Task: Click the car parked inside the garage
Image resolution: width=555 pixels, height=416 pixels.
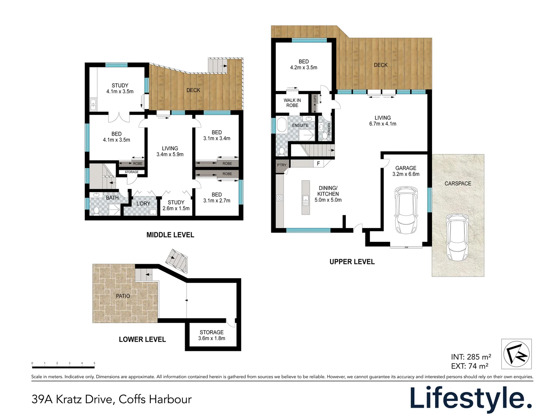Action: pos(406,210)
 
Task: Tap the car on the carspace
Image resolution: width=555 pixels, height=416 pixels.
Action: pos(457,238)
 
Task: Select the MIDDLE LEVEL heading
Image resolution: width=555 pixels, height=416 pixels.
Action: pos(170,235)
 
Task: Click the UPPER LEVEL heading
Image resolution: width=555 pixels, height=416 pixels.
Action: pos(352,262)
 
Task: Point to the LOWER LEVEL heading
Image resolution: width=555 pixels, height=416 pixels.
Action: pos(142,339)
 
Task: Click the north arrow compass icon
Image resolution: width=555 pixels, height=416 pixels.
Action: pos(516,354)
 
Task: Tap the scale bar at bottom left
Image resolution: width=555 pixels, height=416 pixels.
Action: pos(63,364)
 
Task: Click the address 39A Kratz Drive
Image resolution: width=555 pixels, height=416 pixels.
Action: pos(111,399)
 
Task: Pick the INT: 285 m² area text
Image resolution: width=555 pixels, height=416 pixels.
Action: pos(471,357)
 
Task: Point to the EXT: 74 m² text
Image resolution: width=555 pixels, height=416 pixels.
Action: pos(469,366)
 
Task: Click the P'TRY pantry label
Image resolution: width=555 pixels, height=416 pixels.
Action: pos(282,165)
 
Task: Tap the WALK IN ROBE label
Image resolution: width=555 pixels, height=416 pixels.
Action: pos(292,103)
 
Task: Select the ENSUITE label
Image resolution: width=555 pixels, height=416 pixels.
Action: pos(300,126)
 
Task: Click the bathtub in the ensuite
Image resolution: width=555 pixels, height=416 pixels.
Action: pos(281,126)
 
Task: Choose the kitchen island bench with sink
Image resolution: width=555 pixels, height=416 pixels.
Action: pos(306,198)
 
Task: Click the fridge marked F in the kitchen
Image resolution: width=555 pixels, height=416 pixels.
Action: pos(318,164)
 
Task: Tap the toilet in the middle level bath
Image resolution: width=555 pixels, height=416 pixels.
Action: pos(96,210)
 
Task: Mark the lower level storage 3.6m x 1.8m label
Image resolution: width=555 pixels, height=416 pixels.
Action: pos(212,335)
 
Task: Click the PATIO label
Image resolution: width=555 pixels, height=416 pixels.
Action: pos(123,296)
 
